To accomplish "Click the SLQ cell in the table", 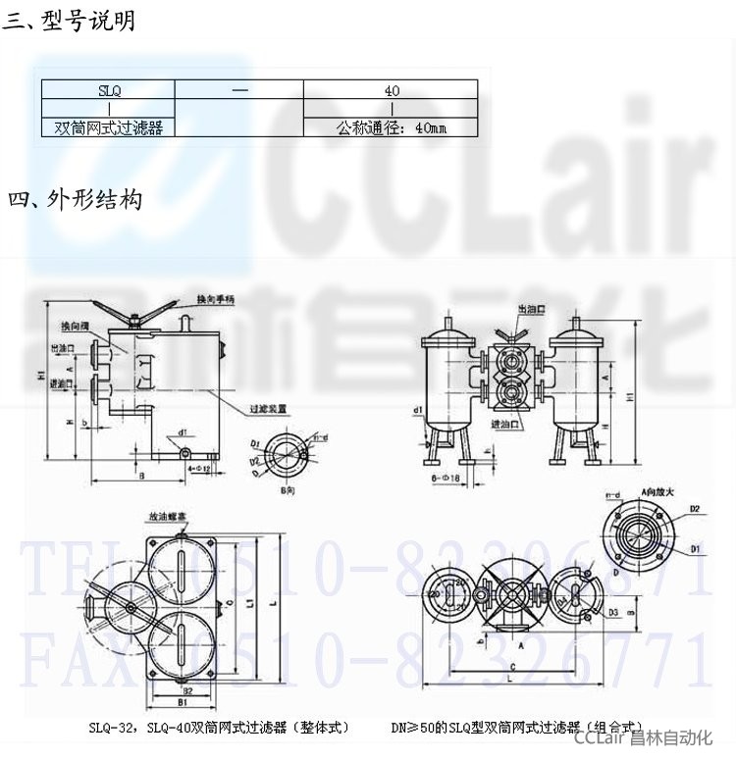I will (109, 90).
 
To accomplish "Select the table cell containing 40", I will (393, 90).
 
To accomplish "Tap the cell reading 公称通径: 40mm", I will (392, 127).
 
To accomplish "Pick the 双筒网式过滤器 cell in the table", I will (109, 127).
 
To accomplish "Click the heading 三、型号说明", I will (69, 21).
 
